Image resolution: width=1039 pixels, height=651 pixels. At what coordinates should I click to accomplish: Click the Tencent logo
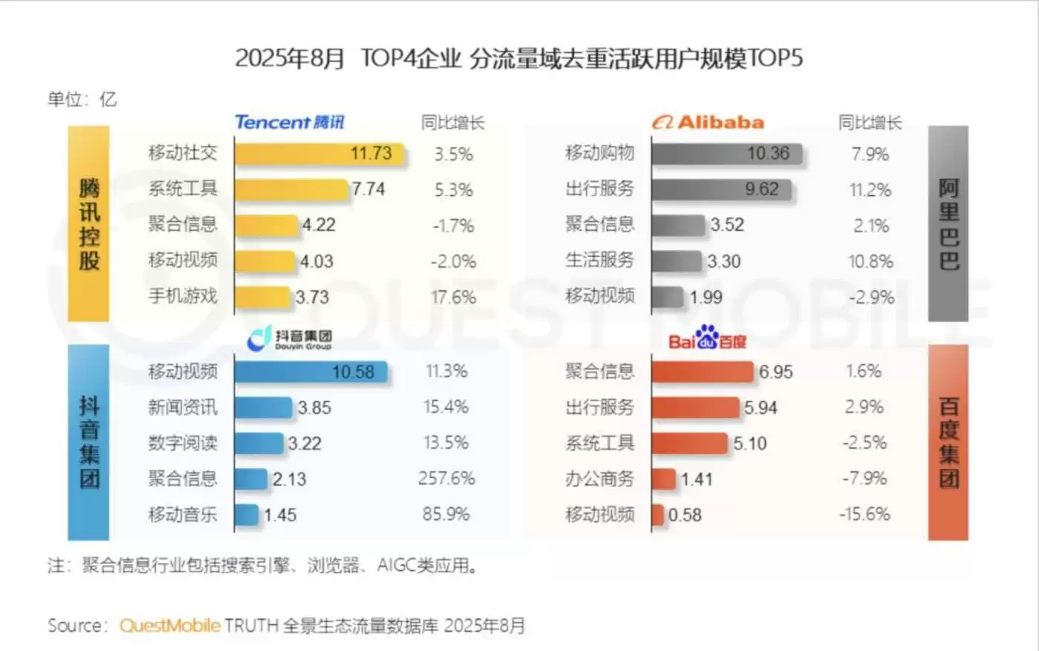[x=290, y=122]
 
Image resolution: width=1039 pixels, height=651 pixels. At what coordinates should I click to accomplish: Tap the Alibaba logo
[x=708, y=122]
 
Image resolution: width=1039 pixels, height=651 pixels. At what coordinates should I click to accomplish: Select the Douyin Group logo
[x=290, y=338]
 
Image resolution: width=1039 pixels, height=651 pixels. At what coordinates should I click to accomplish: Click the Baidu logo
[x=707, y=341]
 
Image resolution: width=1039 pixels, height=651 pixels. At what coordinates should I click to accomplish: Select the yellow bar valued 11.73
[x=319, y=154]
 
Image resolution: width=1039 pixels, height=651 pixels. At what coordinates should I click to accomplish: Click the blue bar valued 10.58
[x=310, y=371]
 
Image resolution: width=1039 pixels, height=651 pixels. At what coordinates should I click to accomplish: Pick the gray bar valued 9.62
[x=720, y=189]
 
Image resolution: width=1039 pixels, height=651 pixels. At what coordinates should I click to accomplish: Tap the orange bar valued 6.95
[x=702, y=371]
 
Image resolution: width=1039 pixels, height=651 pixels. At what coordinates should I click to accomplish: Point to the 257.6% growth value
[x=446, y=479]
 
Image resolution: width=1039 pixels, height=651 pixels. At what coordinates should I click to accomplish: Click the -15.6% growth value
[x=864, y=514]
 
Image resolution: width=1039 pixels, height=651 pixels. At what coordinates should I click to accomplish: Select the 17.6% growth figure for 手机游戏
[x=453, y=297]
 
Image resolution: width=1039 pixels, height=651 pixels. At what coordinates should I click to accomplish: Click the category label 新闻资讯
[x=183, y=407]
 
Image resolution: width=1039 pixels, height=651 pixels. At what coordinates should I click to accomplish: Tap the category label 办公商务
[x=600, y=479]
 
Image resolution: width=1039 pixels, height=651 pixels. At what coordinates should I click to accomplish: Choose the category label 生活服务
[x=600, y=261]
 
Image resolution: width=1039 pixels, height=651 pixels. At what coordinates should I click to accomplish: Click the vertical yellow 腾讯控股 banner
[x=88, y=223]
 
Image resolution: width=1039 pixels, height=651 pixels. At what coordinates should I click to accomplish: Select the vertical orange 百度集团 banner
[x=948, y=442]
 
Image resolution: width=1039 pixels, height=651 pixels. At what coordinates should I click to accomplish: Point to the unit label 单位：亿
[x=82, y=99]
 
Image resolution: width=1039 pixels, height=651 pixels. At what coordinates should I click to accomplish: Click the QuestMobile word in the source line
[x=170, y=626]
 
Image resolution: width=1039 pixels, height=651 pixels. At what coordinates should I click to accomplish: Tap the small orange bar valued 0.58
[x=657, y=514]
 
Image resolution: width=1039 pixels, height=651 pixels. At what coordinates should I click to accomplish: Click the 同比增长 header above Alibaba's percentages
[x=870, y=123]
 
